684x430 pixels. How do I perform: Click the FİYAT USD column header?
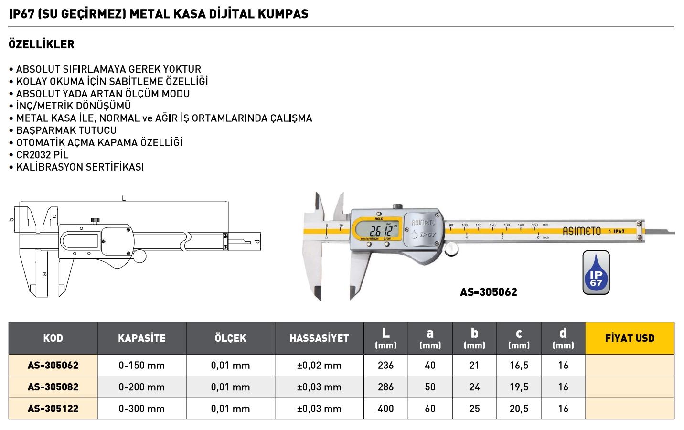(630, 338)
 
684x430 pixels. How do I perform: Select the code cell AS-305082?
(53, 387)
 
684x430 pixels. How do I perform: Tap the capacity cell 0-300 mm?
(141, 408)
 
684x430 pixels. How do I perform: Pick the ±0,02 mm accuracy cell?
(319, 365)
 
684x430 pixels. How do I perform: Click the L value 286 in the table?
(385, 387)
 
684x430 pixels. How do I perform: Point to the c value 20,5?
(519, 408)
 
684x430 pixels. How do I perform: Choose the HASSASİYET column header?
(319, 338)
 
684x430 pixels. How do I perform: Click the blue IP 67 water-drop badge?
(596, 273)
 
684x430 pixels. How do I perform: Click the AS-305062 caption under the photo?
(488, 292)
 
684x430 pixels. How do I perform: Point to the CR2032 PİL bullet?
(43, 155)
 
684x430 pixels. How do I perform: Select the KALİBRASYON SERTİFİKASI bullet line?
(80, 167)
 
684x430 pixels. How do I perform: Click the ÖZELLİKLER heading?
(42, 44)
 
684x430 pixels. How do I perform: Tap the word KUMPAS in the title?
(284, 14)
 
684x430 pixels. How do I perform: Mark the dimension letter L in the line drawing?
(124, 198)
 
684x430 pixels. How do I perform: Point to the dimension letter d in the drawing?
(257, 241)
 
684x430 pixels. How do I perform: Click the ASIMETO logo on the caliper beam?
(581, 231)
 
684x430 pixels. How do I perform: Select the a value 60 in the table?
(430, 408)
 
